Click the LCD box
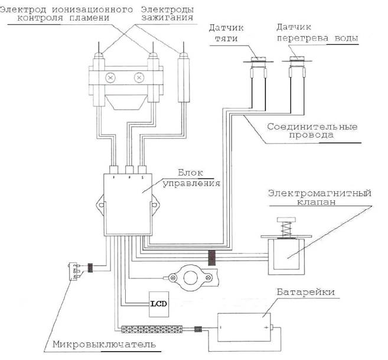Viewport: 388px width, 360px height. coord(159,304)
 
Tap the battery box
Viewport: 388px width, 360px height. coord(244,327)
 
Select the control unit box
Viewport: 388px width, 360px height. coord(128,205)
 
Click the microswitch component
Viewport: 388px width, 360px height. coord(73,271)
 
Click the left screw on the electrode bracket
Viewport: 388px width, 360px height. coord(110,78)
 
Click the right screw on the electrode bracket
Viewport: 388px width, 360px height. coord(139,78)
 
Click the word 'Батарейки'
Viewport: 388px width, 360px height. coord(305,292)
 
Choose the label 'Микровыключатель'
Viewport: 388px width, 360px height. coord(104,345)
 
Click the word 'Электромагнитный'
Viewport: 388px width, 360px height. coord(319,193)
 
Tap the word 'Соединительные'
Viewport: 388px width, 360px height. coord(312,127)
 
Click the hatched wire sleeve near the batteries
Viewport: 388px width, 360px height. coord(152,329)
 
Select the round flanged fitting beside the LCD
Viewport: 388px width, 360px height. coord(191,277)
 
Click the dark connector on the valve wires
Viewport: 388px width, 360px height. coord(211,258)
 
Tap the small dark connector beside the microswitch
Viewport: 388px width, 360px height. coord(90,268)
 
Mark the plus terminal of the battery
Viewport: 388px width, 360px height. coord(266,328)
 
